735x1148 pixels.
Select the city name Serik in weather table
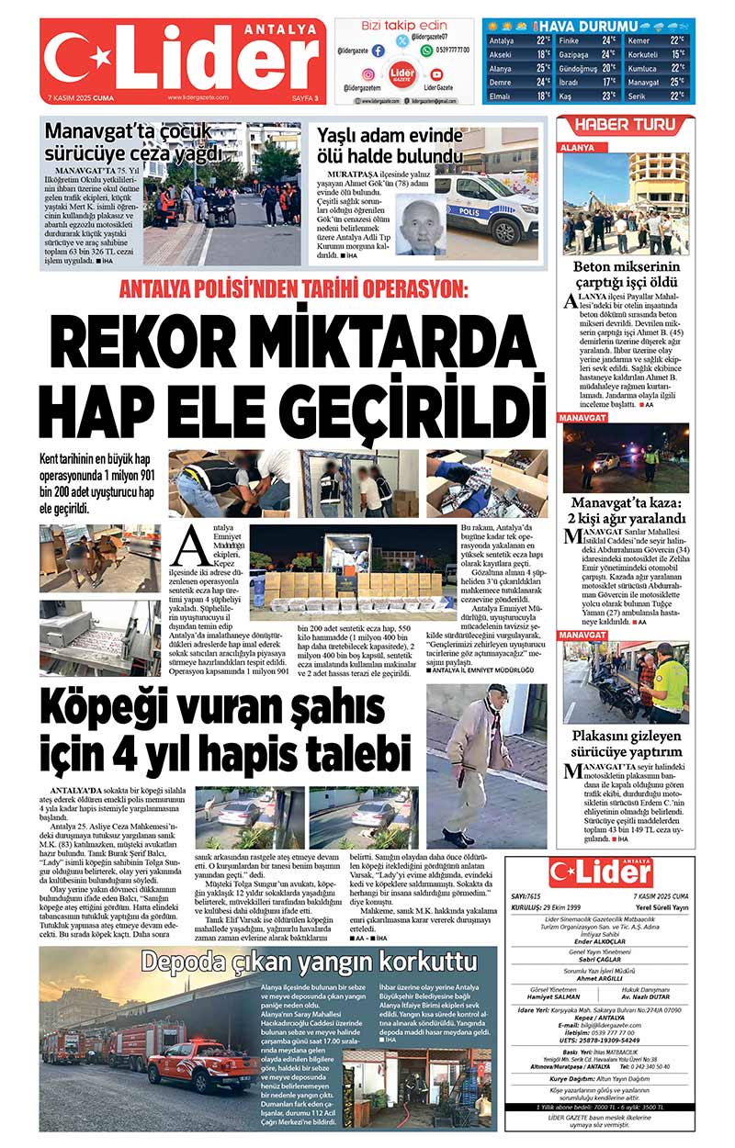pyautogui.click(x=637, y=96)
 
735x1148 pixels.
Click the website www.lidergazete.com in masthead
pyautogui.click(x=198, y=97)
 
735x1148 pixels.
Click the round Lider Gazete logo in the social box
pyautogui.click(x=401, y=73)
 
